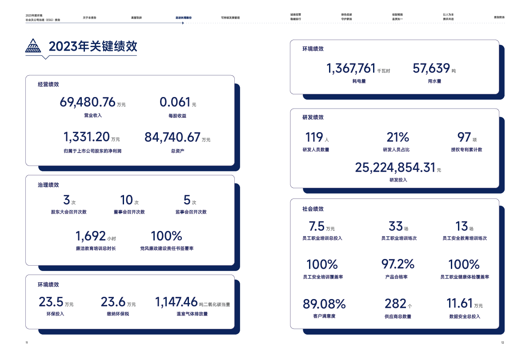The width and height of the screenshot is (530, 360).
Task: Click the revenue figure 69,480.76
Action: [88, 102]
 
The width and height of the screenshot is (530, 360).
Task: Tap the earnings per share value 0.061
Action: [175, 102]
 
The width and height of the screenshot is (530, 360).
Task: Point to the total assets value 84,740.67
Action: [172, 137]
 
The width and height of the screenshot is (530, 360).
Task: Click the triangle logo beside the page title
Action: [33, 45]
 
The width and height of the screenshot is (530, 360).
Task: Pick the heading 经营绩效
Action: [48, 84]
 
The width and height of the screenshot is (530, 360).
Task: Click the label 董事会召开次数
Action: [129, 212]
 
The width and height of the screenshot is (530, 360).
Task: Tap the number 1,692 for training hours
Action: [91, 236]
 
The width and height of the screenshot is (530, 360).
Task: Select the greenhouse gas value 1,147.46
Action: [176, 302]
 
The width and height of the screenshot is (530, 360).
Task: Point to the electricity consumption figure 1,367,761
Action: [351, 69]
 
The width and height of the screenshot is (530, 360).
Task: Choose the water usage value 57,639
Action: [431, 69]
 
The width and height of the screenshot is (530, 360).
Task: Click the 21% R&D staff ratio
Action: [397, 137]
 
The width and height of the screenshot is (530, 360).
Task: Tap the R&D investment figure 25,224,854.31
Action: [395, 167]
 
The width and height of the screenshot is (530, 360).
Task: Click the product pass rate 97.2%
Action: [397, 264]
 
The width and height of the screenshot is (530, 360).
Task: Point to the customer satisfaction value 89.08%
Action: [324, 304]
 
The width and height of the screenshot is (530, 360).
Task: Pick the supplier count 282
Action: [395, 304]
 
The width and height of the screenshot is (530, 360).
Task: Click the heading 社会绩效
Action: [313, 209]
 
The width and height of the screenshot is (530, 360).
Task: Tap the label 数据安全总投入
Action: [465, 316]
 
